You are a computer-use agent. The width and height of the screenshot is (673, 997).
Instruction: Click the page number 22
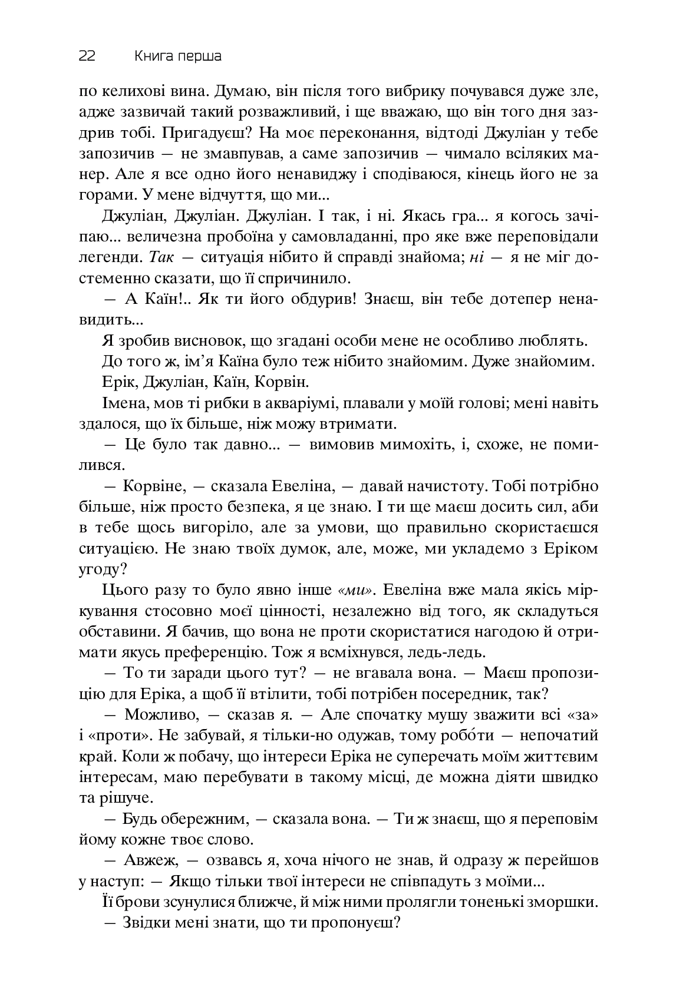pos(87,57)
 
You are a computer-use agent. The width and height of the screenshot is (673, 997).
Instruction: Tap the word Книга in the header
pos(152,57)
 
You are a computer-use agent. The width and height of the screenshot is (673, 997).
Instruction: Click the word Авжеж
pos(151,860)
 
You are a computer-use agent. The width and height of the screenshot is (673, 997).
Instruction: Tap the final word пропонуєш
pos(354,923)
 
